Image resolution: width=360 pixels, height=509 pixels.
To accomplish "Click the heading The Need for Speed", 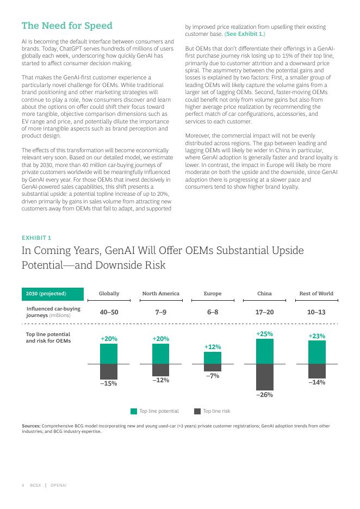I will [67, 26].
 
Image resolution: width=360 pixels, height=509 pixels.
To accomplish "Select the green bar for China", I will [264, 351].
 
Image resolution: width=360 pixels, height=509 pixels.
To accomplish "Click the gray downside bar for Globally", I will [109, 371].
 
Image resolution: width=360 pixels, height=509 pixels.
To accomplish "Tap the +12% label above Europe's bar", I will [213, 346].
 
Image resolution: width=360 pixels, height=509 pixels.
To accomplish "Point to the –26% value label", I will [264, 395].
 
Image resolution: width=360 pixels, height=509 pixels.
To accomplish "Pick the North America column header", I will [160, 294].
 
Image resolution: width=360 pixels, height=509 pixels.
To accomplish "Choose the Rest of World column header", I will [316, 294].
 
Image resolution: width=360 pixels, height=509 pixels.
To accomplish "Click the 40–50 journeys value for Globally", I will [109, 312].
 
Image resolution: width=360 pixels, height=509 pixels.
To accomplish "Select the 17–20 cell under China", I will [264, 312].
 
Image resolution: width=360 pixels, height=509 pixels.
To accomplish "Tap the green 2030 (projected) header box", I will [52, 294].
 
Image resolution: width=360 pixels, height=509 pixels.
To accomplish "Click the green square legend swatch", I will [134, 411].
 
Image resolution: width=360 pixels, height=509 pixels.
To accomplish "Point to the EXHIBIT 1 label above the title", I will [36, 238].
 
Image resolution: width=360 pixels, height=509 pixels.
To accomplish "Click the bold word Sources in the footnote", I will [31, 426].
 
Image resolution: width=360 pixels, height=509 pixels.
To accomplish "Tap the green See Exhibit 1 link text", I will [245, 34].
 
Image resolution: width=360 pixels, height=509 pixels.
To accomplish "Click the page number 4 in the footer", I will [23, 485].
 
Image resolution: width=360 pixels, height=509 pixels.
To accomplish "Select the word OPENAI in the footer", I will [58, 485].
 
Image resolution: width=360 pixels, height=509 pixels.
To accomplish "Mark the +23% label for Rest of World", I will [316, 336].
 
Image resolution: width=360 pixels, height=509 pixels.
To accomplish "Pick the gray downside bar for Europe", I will [213, 368].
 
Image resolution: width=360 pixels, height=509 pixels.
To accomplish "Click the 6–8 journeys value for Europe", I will [213, 312].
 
